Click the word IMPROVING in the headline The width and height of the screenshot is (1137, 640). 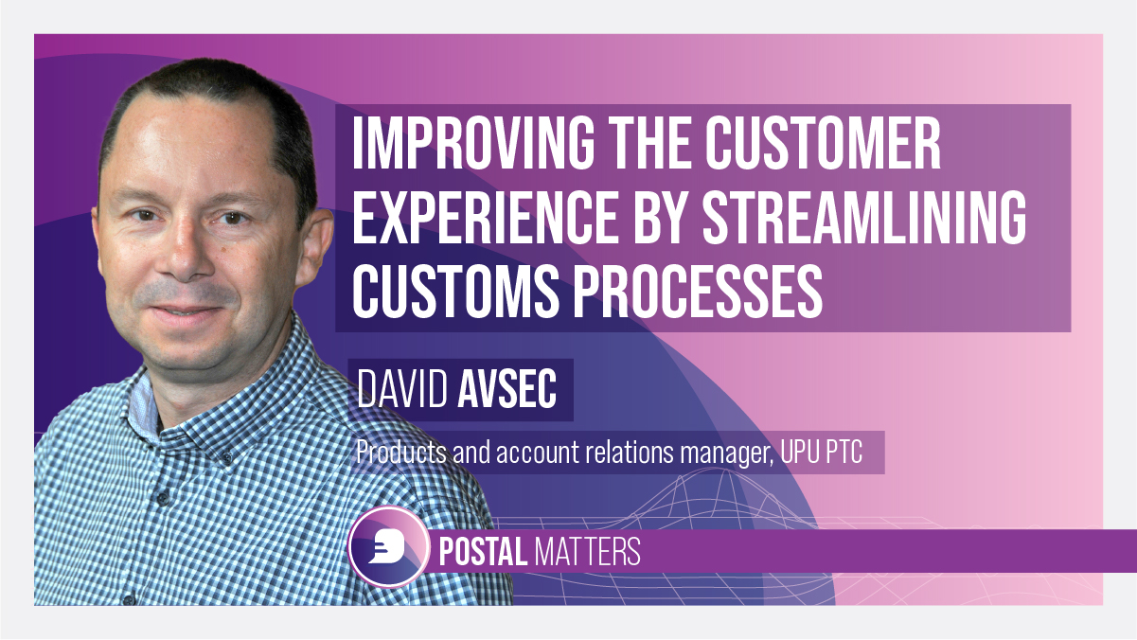pos(473,143)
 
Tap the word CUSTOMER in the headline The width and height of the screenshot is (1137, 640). pos(823,143)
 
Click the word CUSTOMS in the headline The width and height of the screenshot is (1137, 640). pos(455,293)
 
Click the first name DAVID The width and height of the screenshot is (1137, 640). pos(402,389)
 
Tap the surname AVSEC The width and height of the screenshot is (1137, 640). pos(507,389)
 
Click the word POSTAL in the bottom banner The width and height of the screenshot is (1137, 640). pos(483,551)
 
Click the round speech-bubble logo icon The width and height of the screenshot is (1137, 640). pos(389,547)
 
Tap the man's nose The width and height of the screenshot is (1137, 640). pos(187,254)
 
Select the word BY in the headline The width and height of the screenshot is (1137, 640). pos(659,219)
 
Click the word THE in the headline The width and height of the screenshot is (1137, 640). pos(649,143)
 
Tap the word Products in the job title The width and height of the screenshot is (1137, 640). pos(401,452)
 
